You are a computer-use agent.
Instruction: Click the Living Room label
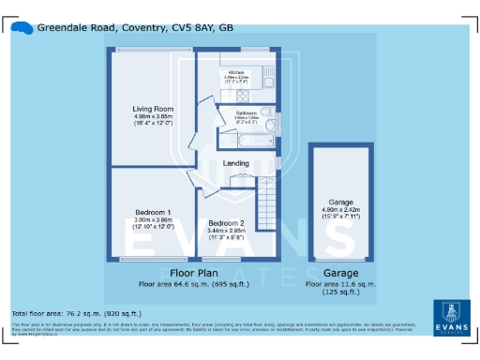[152, 109]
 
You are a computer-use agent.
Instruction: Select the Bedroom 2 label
[225, 222]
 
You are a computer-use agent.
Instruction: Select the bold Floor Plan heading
[193, 273]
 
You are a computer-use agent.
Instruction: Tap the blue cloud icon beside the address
[22, 28]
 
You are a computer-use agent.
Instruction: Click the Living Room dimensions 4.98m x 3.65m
[152, 117]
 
